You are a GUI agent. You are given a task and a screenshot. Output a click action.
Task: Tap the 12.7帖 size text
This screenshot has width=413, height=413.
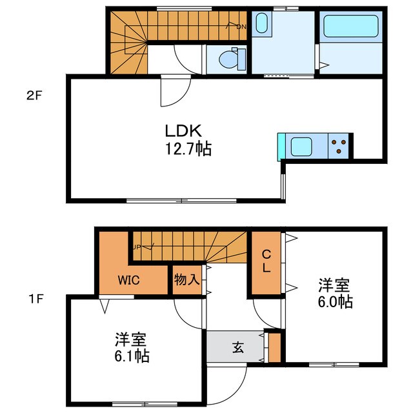tap(186, 150)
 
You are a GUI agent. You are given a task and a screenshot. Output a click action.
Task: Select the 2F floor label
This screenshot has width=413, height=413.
tap(34, 97)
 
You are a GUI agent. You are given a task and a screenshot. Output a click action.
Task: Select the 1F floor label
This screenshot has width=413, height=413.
tap(34, 299)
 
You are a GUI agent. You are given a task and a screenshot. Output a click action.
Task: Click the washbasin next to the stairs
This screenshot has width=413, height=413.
tap(261, 24)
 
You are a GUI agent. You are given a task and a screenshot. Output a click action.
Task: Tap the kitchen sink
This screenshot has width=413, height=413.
tap(302, 146)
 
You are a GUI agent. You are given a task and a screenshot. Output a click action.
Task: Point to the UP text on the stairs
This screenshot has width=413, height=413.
tap(137, 247)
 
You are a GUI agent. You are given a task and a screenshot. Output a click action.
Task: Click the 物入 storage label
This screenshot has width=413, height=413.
tap(186, 279)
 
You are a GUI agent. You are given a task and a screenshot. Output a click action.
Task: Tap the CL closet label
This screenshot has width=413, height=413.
tap(266, 262)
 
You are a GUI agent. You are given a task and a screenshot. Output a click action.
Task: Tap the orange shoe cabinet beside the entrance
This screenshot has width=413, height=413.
tap(274, 347)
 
